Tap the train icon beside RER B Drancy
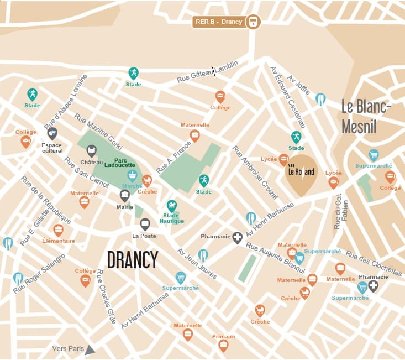pyautogui.click(x=253, y=22)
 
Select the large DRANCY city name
pyautogui.click(x=133, y=259)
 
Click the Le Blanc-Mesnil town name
pyautogui.click(x=366, y=117)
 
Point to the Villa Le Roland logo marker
pyautogui.click(x=301, y=171)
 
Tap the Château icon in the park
pyautogui.click(x=92, y=150)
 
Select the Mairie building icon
pyautogui.click(x=125, y=195)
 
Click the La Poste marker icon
pyautogui.click(x=145, y=224)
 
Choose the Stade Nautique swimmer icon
pyautogui.click(x=172, y=205)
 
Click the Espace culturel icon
pyautogui.click(x=52, y=133)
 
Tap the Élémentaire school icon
pyautogui.click(x=59, y=230)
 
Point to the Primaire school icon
pyautogui.click(x=223, y=346)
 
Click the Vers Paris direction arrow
pyautogui.click(x=90, y=349)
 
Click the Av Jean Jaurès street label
pyautogui.click(x=196, y=263)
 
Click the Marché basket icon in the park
pyautogui.click(x=132, y=175)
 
